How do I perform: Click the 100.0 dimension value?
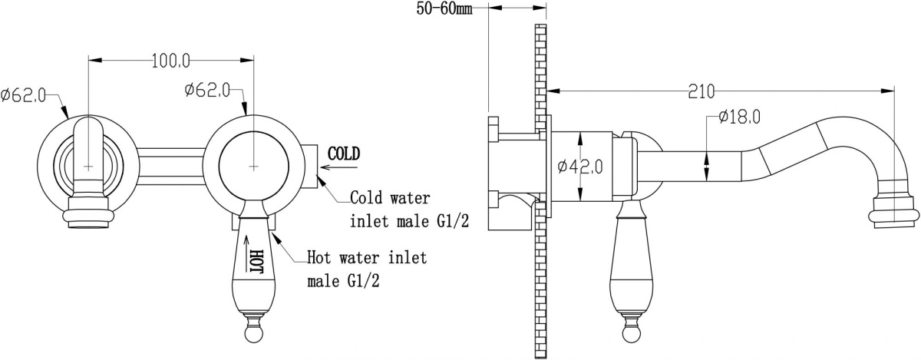(171, 61)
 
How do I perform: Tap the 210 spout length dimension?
(701, 91)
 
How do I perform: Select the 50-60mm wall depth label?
(444, 8)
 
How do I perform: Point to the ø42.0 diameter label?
(580, 167)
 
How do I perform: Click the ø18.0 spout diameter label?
(739, 117)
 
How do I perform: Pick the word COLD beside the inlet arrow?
(344, 154)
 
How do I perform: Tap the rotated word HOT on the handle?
(256, 261)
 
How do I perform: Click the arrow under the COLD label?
(339, 167)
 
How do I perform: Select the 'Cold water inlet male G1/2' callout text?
(410, 210)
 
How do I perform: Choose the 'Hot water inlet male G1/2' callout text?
(367, 269)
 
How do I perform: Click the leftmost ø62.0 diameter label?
(24, 95)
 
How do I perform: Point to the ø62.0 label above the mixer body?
(207, 90)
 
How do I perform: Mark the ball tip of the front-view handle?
(253, 333)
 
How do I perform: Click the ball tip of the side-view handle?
(631, 333)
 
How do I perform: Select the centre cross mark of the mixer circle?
(254, 167)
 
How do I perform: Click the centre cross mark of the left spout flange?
(88, 167)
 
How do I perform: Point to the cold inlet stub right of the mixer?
(311, 167)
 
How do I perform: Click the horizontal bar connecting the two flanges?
(170, 167)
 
